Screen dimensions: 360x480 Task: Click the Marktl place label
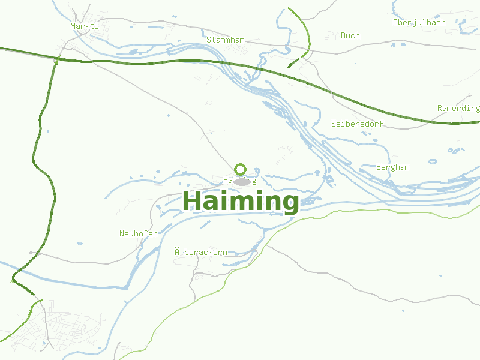tap(84, 26)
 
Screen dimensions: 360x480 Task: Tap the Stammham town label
tap(226, 40)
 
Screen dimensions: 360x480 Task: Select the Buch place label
tap(350, 35)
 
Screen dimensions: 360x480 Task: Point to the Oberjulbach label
tap(419, 23)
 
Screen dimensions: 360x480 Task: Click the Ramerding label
tap(458, 108)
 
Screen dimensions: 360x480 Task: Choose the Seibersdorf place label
tap(358, 124)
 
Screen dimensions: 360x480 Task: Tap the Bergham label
tap(392, 167)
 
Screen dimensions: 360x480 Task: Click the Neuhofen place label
tap(139, 233)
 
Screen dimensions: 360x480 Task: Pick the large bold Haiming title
tap(241, 201)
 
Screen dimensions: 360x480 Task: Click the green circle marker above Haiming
tap(241, 169)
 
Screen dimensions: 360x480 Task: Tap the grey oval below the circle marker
tap(242, 181)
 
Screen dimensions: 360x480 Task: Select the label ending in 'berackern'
tap(201, 253)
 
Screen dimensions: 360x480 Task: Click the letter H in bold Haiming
tap(193, 200)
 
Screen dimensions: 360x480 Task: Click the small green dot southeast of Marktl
tap(56, 61)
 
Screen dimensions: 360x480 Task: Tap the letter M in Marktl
tap(73, 26)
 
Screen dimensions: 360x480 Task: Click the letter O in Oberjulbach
tap(396, 23)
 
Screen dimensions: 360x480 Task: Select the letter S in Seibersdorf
tap(334, 124)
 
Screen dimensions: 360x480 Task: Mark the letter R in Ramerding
tap(440, 108)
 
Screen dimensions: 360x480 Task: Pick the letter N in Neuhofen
tap(122, 233)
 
